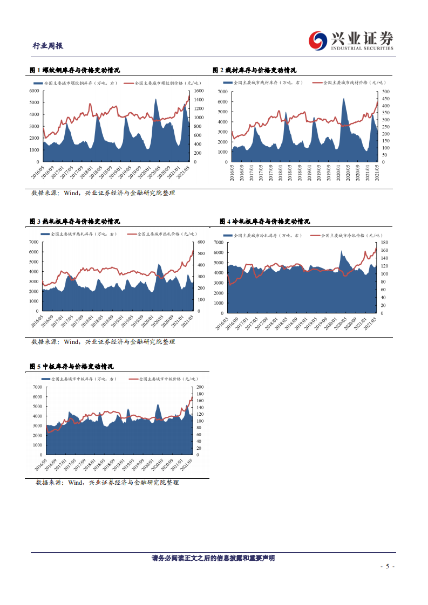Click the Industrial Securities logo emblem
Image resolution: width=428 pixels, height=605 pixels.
pyautogui.click(x=318, y=40)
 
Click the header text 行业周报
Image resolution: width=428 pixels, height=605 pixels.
pyautogui.click(x=48, y=46)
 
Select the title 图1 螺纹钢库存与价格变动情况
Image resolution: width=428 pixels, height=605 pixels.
pyautogui.click(x=74, y=70)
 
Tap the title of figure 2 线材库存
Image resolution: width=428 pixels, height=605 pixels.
pyautogui.click(x=254, y=70)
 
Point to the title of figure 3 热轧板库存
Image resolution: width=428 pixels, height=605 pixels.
pyautogui.click(x=74, y=222)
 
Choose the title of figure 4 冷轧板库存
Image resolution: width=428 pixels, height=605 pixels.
pyautogui.click(x=265, y=222)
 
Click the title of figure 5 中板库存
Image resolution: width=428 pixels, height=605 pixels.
pyautogui.click(x=71, y=367)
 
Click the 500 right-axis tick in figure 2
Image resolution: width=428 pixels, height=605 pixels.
pyautogui.click(x=385, y=92)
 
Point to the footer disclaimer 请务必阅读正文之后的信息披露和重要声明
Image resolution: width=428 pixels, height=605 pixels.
pyautogui.click(x=213, y=558)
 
